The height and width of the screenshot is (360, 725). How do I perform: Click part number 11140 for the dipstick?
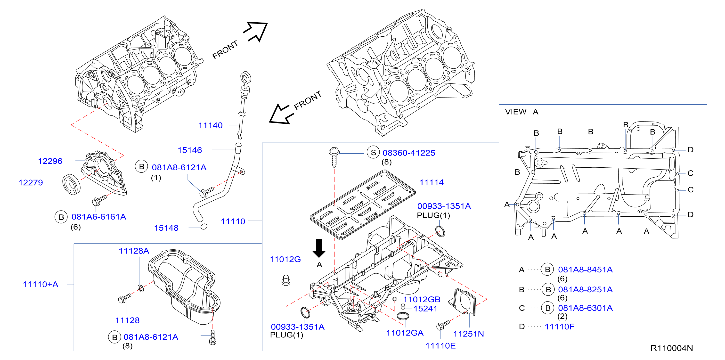tap(210, 125)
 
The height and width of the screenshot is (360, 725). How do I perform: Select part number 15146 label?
tap(190, 150)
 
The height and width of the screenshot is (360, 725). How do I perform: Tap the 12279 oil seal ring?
tap(71, 184)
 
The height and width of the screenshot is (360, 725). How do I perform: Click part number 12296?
tap(50, 161)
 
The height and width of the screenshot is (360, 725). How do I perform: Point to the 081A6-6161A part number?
tap(99, 217)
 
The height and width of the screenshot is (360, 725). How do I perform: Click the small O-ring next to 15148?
tap(204, 226)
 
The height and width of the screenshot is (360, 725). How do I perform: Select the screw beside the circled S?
tap(334, 156)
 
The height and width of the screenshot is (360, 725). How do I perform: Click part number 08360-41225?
tap(409, 153)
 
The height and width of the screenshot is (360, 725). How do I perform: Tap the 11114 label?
tap(432, 182)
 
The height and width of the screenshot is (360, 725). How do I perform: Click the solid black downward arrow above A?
tap(319, 248)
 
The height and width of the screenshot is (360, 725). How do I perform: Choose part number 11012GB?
tap(422, 300)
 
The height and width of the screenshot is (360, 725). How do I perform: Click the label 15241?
tap(425, 309)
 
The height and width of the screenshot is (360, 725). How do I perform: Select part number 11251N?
tap(468, 334)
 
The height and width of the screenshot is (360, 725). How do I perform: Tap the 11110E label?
tap(440, 346)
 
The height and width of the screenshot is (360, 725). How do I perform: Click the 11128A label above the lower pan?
tap(134, 251)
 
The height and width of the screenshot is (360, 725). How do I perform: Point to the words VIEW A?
tap(521, 112)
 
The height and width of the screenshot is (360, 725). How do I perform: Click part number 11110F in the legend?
tap(560, 327)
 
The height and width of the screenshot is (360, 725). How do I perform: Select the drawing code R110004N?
tap(672, 348)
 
